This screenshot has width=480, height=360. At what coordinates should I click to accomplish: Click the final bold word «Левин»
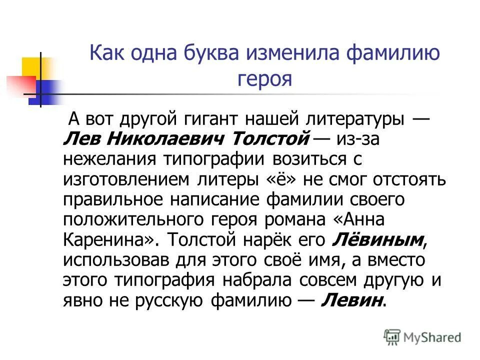click(x=353, y=299)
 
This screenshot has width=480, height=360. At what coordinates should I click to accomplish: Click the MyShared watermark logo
click(x=422, y=336)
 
